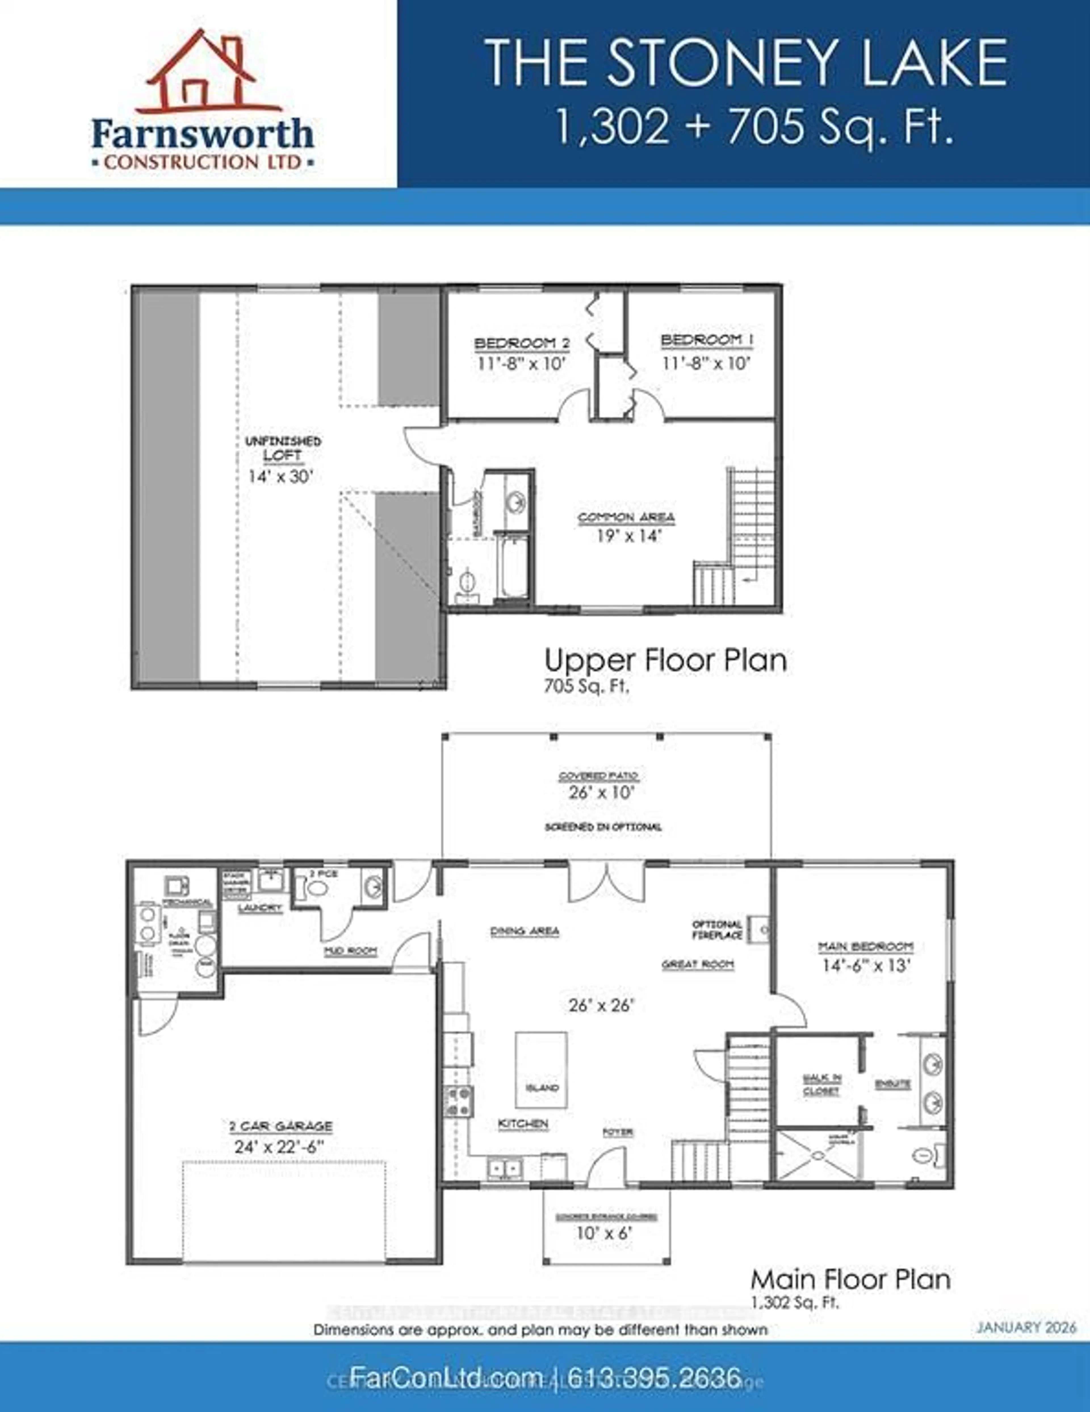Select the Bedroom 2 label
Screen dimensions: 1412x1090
522,343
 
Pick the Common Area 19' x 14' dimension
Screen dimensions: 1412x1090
626,536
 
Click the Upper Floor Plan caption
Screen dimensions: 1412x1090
665,660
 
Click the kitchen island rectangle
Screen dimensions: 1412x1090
541,1070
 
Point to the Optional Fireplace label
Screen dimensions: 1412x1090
717,930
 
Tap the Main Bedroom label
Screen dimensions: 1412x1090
866,947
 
